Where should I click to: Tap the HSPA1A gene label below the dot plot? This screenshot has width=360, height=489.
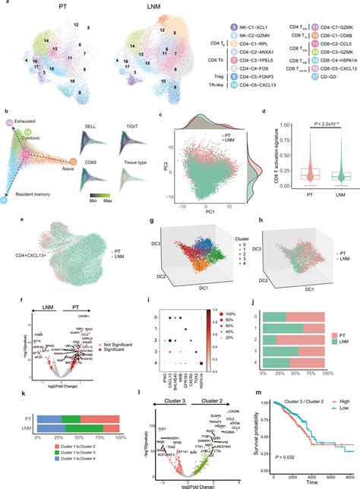tap(227, 399)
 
